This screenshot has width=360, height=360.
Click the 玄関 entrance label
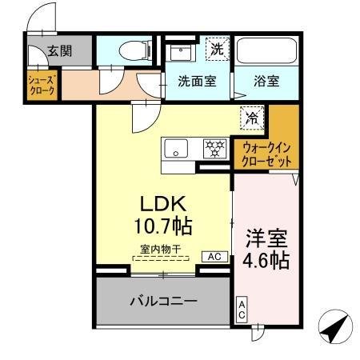58,50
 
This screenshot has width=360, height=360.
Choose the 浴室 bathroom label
267,81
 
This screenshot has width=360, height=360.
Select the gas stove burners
215,148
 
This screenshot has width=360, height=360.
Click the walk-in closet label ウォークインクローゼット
267,153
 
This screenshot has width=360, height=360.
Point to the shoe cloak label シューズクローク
42,86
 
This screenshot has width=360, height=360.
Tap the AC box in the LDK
215,257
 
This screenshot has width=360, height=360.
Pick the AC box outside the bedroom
241,310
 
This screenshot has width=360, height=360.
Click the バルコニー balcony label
163,301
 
